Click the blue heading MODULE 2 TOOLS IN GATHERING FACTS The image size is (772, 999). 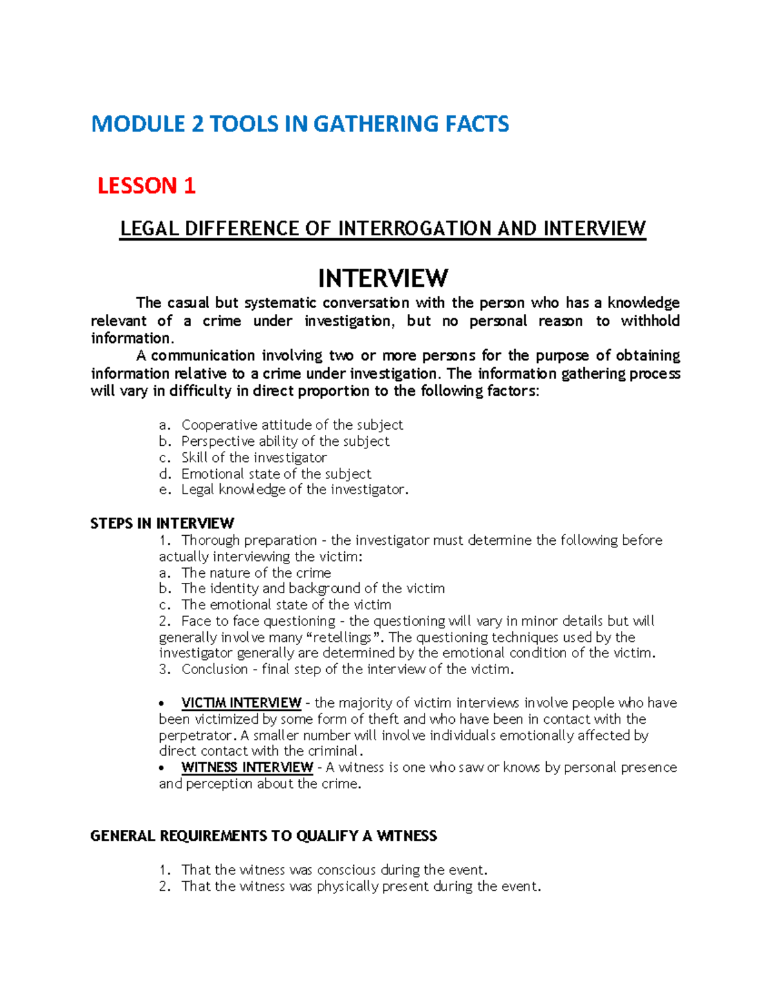(300, 124)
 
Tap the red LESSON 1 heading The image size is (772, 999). (146, 186)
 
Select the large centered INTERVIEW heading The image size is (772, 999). (383, 279)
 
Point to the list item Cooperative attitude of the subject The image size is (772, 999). (292, 425)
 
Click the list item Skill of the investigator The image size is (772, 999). (254, 457)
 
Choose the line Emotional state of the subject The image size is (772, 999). (276, 474)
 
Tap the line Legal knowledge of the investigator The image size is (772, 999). (294, 490)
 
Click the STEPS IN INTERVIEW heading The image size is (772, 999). (162, 523)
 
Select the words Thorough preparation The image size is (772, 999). (249, 540)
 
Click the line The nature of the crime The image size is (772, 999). (256, 573)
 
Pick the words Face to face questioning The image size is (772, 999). (258, 621)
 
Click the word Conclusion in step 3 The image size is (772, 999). (214, 670)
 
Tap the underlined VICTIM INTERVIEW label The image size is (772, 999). (241, 703)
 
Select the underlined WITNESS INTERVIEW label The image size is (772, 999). (247, 767)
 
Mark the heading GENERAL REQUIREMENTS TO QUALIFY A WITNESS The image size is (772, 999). (264, 836)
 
